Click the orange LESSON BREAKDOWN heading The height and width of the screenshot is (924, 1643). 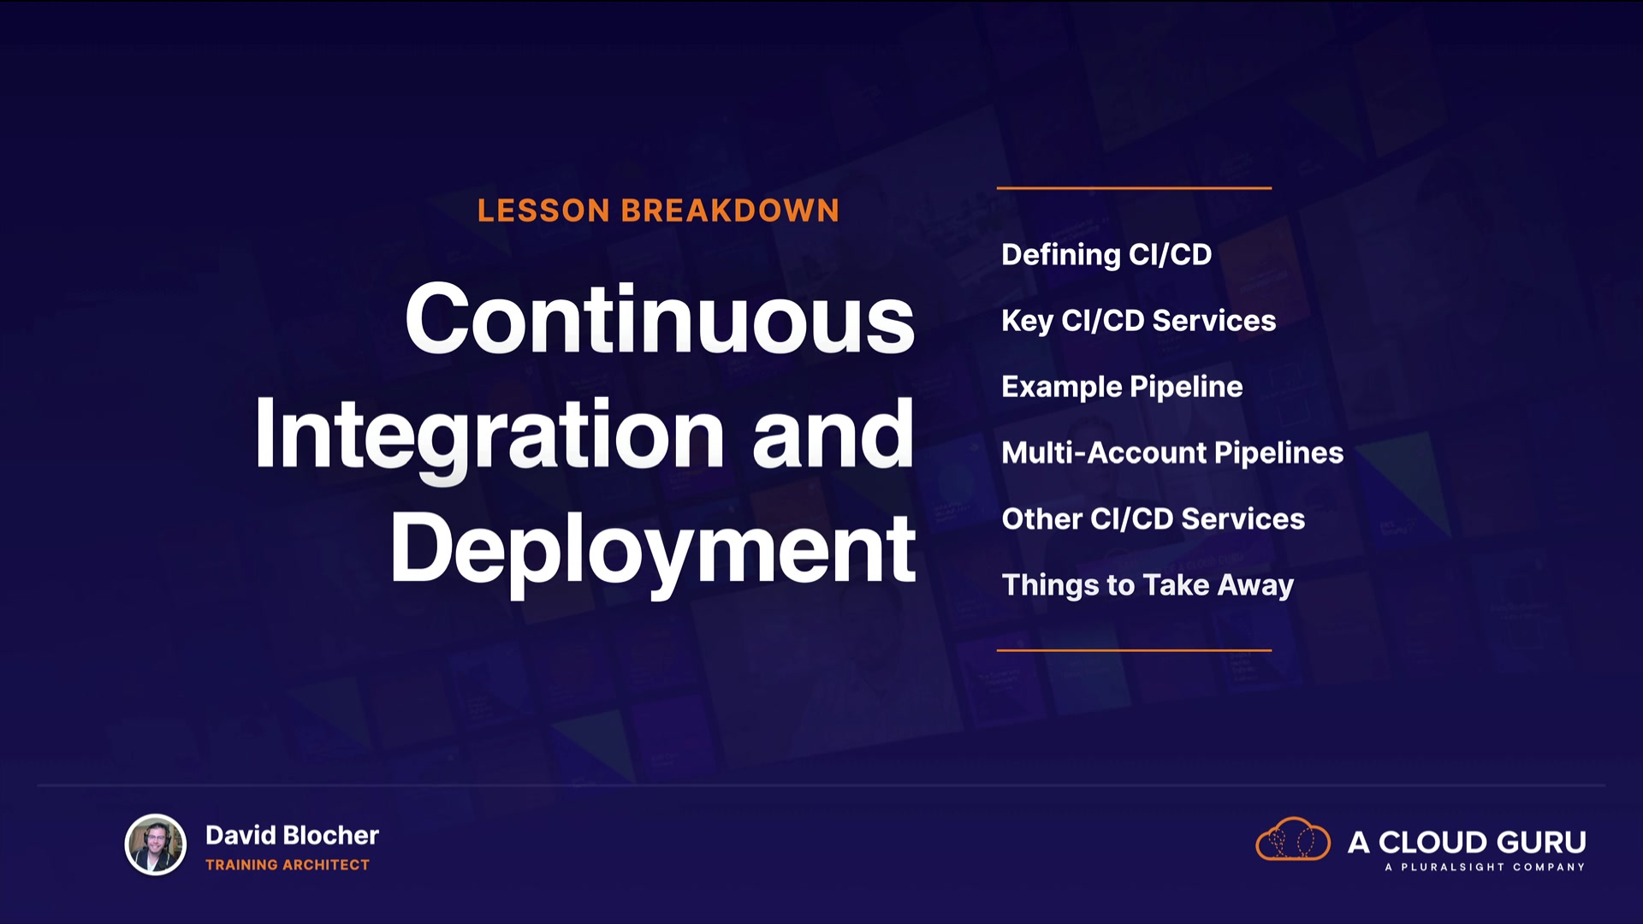[658, 210]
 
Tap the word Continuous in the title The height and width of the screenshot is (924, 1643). [660, 318]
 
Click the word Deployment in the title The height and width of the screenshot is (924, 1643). [653, 550]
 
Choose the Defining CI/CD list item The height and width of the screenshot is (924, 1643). [1106, 255]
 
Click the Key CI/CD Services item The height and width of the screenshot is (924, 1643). [1139, 321]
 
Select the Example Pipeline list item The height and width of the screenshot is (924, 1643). [1122, 387]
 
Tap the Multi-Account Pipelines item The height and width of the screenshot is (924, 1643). [1172, 453]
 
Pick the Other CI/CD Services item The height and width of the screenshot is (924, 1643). [1154, 518]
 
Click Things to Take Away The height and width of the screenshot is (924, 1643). [1148, 585]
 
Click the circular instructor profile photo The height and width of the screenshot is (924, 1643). [156, 844]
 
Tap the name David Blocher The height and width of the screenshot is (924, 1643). [292, 835]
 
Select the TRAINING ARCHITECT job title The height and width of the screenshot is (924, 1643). [288, 865]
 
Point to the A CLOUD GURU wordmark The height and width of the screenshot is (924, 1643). [1467, 842]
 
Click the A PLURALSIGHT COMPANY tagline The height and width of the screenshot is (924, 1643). [1485, 867]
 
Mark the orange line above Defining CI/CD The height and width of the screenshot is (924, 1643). [1134, 187]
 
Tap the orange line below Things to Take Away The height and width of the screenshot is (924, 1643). [1134, 650]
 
